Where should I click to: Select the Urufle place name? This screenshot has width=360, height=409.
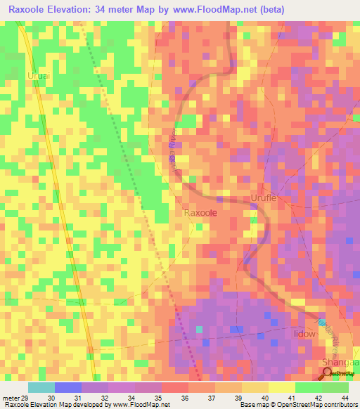(265, 199)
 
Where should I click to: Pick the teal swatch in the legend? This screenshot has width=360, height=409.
(41, 387)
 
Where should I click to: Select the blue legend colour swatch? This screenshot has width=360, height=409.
(68, 387)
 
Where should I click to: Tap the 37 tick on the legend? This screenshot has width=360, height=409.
(210, 399)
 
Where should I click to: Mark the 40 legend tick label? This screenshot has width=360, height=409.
(264, 399)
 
